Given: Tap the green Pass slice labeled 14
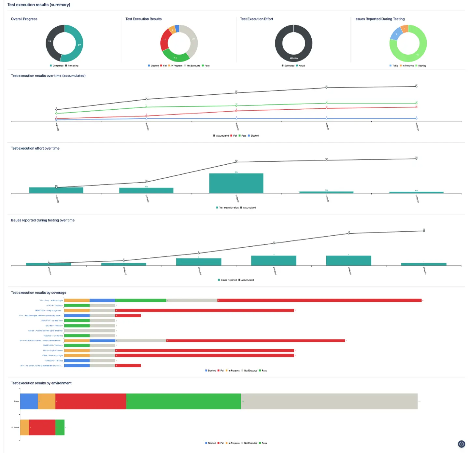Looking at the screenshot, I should coord(176,57).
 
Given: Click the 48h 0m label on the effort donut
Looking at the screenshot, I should coord(293,59).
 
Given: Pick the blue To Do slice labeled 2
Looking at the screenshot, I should coord(396,34).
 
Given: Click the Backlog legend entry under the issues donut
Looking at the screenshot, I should coord(422,66).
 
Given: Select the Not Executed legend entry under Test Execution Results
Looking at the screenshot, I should coord(193,66).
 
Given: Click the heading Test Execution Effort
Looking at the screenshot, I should coord(256,19).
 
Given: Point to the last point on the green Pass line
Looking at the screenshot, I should coord(416,103).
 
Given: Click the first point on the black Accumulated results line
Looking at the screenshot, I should coord(56,110).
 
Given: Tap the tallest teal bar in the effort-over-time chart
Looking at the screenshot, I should coord(236,183).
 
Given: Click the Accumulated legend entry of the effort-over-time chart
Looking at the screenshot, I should coord(249,208).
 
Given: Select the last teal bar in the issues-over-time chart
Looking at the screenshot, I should coord(423,264).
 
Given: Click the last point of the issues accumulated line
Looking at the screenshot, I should coord(424,231).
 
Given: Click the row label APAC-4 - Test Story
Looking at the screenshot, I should coord(54,306).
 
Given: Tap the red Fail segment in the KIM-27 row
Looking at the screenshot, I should coord(205,350).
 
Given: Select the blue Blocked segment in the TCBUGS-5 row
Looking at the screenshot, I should coord(77,361).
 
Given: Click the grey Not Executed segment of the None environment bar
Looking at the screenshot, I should coord(329,401).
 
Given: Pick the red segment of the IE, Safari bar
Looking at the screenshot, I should coord(42,427).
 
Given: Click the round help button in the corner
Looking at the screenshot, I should coord(462,444).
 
